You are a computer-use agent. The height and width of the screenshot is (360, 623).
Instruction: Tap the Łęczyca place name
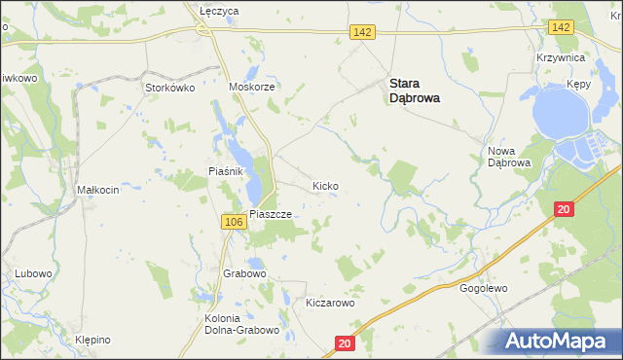coord(219,10)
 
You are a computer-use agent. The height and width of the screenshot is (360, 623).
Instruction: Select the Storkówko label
coord(170,88)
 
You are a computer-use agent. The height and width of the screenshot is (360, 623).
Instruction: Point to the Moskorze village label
coord(253,87)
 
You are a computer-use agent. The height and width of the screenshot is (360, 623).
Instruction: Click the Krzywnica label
coord(560,58)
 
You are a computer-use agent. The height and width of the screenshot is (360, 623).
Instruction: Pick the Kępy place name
coord(578,86)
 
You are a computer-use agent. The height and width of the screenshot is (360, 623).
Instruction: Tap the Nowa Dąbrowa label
coord(507,157)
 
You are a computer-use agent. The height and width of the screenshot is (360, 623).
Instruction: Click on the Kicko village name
coord(325,185)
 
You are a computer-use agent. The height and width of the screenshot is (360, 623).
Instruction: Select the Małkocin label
coord(98,190)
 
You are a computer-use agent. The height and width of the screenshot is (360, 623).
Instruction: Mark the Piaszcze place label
coord(271,214)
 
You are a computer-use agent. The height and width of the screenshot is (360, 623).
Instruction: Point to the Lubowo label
coord(32,273)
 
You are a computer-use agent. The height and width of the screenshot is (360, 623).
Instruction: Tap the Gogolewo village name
coord(484,288)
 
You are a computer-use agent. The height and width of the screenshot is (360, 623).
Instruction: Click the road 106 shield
coord(233,223)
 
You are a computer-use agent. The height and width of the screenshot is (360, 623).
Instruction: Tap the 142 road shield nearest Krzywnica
coord(560,27)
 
